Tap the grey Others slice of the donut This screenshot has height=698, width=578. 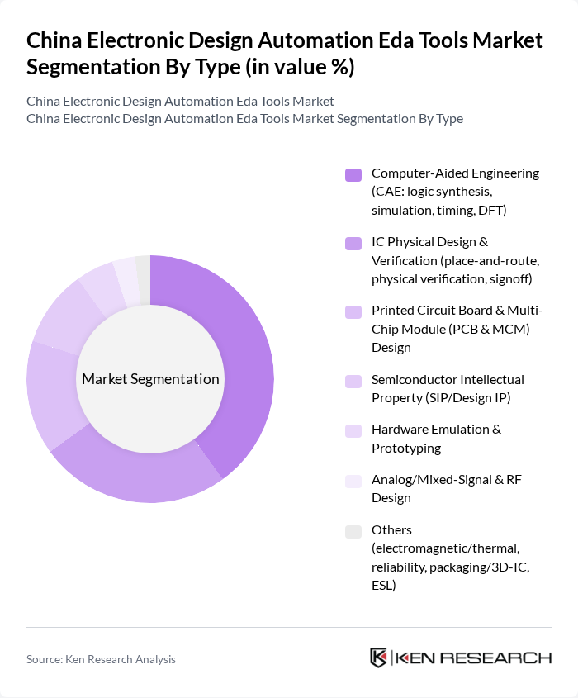click(x=144, y=269)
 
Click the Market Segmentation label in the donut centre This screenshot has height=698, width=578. click(x=150, y=379)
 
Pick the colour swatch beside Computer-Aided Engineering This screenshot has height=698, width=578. click(x=353, y=174)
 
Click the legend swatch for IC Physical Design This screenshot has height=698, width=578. click(x=353, y=243)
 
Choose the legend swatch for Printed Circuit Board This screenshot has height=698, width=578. click(x=353, y=311)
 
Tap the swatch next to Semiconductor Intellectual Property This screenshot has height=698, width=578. click(x=353, y=381)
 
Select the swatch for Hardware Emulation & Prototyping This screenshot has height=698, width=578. click(x=353, y=430)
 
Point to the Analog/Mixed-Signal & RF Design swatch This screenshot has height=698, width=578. click(x=353, y=481)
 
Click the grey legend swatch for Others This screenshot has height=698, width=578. click(x=353, y=531)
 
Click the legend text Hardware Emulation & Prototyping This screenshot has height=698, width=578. click(x=436, y=439)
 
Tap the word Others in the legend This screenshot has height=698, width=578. click(x=391, y=529)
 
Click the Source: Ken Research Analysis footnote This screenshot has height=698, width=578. click(x=101, y=659)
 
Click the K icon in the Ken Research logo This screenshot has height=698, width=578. click(x=379, y=658)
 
